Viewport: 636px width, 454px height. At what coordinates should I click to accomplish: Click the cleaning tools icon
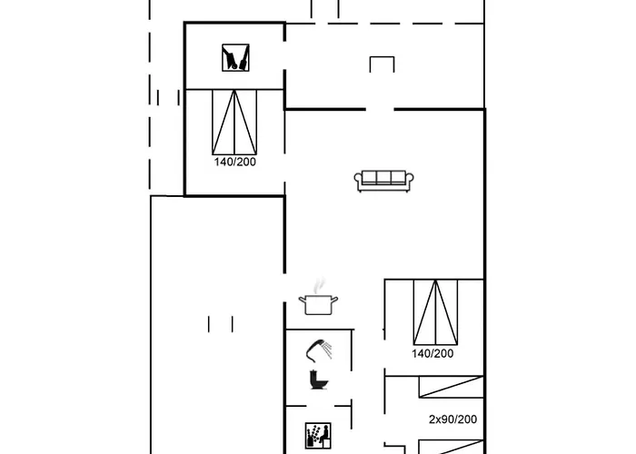coord(235,57)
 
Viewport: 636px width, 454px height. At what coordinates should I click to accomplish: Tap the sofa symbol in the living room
coord(383,181)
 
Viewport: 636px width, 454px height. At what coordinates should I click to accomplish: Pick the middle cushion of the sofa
coord(383,177)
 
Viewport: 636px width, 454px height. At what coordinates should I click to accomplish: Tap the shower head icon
coord(319,350)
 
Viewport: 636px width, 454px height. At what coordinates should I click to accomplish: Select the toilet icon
coord(319,380)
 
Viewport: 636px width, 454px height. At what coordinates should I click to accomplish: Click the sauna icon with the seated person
coord(318,436)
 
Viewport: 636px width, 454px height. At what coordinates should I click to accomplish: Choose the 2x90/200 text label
coord(452,419)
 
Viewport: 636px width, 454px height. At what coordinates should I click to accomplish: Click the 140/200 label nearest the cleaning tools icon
coord(235,162)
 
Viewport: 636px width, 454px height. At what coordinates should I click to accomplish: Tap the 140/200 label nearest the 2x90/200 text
coord(432,353)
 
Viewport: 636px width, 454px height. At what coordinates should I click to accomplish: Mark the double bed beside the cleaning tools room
coord(234,122)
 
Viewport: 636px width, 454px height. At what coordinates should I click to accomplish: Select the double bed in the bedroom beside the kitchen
coord(435,312)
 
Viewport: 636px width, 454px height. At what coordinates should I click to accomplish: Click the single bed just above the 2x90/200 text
coord(451,387)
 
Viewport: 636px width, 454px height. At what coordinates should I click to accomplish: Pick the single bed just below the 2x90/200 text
coord(451,447)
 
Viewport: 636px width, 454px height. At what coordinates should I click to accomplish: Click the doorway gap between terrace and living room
coord(380,109)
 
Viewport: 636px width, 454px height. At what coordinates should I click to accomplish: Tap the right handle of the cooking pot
coord(334,300)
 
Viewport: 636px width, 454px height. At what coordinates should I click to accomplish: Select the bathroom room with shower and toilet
coord(318,367)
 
